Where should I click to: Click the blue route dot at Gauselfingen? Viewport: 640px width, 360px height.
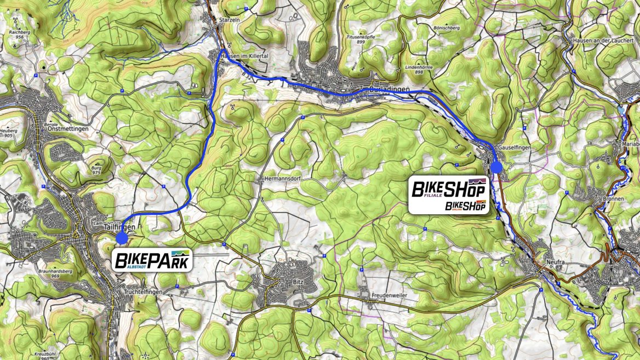[x=497, y=167]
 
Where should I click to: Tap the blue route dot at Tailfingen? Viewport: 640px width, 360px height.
[x=122, y=238]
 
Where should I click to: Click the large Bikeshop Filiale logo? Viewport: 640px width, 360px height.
[x=448, y=190]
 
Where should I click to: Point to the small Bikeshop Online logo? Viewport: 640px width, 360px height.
[x=466, y=206]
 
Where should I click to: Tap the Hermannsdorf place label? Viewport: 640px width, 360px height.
[x=280, y=179]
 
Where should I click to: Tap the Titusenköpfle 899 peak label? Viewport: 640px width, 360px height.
[x=360, y=38]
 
